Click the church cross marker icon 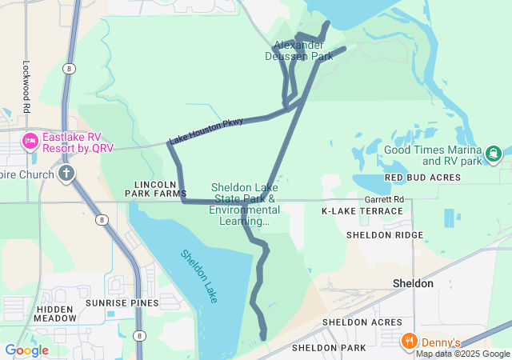66,174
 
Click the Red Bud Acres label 422,177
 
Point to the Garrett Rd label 384,198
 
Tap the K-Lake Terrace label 362,211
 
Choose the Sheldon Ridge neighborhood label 385,235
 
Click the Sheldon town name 414,283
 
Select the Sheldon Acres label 362,322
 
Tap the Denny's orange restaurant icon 409,341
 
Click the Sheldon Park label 329,348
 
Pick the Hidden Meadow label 55,313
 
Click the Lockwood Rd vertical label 26,87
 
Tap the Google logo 26,350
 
